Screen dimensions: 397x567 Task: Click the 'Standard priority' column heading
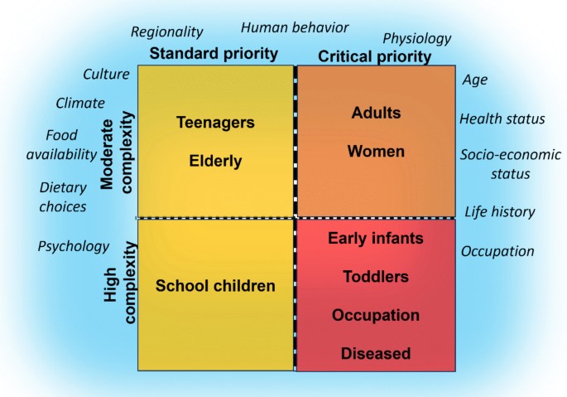(214, 55)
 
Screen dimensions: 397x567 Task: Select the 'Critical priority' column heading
(375, 56)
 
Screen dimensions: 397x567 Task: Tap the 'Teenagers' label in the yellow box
(215, 122)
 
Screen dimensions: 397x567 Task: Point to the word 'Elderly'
(215, 161)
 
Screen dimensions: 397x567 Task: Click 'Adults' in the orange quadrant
(376, 112)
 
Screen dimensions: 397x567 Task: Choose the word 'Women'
(376, 151)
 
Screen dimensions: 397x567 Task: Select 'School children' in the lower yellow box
(215, 286)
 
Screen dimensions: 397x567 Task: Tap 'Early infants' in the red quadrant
(376, 239)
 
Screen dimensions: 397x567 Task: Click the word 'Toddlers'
(376, 276)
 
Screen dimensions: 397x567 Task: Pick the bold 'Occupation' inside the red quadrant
(376, 315)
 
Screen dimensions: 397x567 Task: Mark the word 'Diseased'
(376, 354)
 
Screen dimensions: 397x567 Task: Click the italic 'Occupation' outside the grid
(497, 251)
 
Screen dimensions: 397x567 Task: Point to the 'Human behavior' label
(295, 27)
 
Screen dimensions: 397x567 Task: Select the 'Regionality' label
(166, 31)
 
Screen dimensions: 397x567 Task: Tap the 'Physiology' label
(416, 38)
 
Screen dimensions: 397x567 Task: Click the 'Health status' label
(502, 119)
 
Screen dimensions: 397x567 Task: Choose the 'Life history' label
(499, 211)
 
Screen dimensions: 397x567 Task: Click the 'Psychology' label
(73, 246)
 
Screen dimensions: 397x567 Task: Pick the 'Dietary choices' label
(63, 196)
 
